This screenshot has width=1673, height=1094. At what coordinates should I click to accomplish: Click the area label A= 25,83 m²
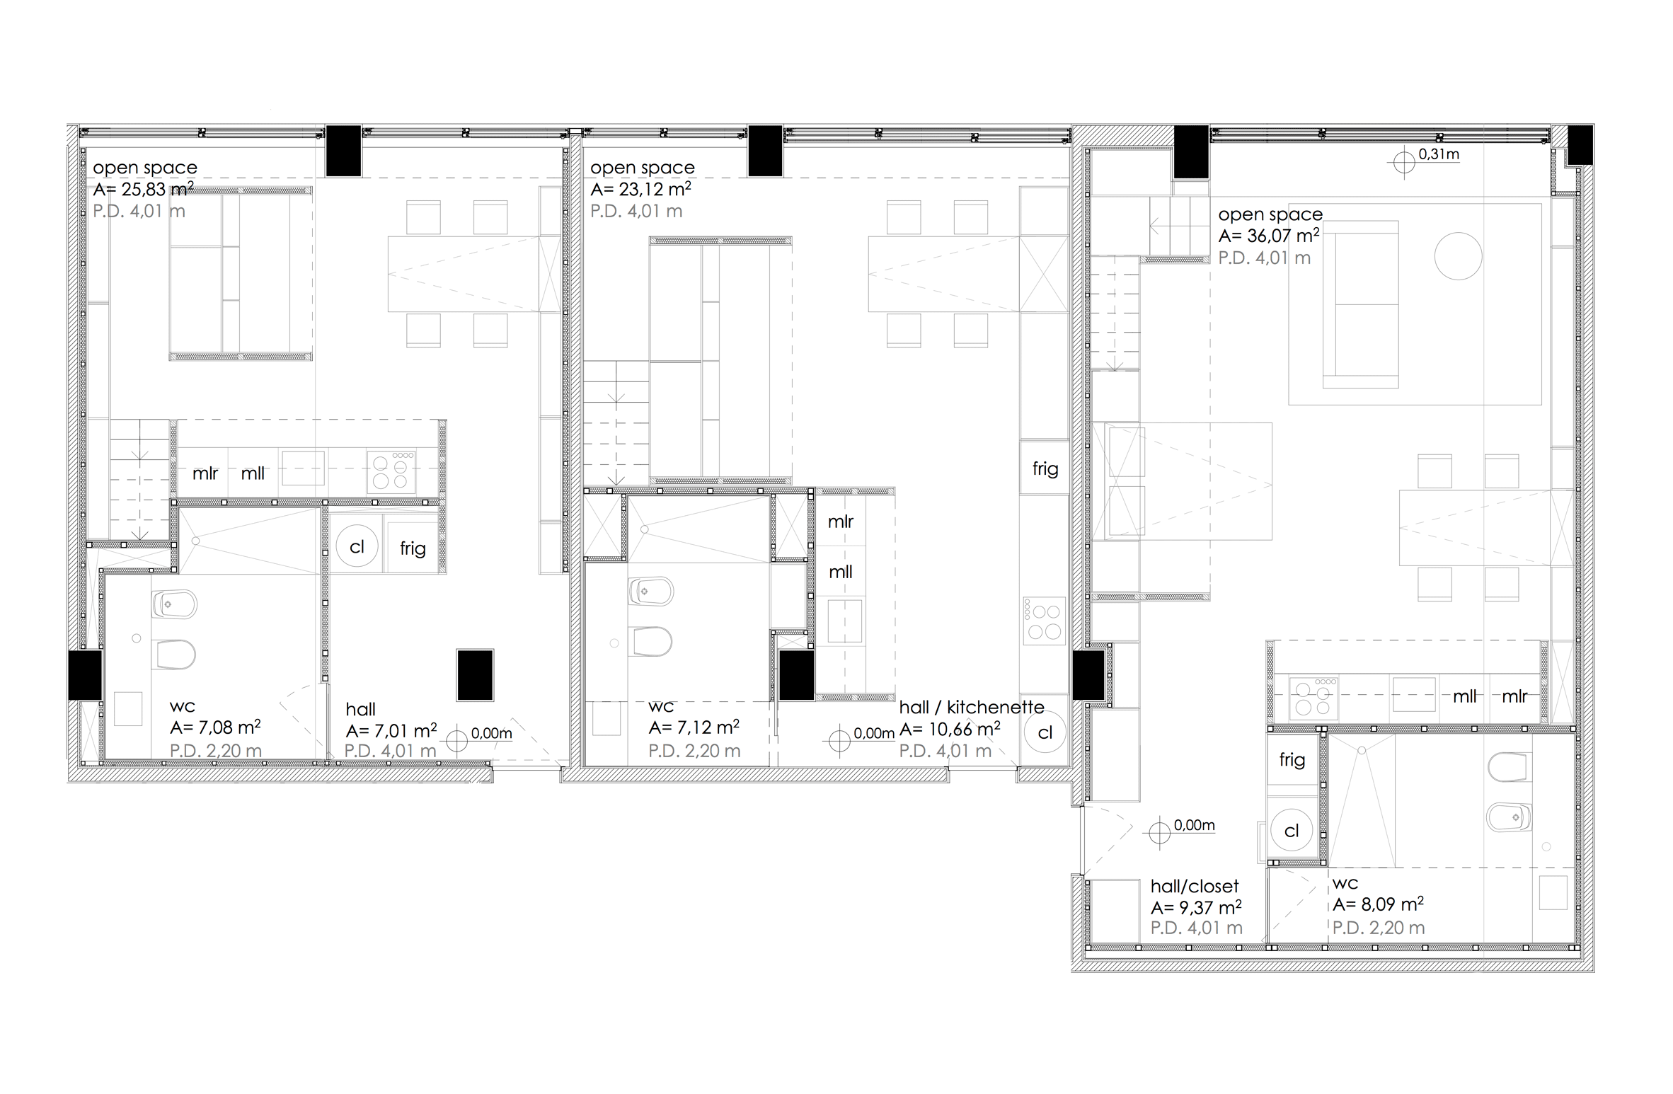144,189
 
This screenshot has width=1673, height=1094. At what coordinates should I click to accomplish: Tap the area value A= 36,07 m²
1269,236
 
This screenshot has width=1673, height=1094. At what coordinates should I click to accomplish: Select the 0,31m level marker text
1439,154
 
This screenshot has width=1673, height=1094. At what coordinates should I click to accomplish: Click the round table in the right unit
1458,256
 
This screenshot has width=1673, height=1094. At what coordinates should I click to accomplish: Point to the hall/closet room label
1195,886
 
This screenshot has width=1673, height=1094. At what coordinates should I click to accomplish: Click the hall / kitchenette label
972,707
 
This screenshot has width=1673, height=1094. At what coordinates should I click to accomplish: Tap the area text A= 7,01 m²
391,730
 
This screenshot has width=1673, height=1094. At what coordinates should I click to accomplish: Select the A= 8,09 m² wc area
1379,904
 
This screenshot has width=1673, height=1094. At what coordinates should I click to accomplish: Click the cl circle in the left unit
357,547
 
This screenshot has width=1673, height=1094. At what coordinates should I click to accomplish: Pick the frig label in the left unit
413,548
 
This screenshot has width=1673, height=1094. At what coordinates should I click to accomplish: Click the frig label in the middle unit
1045,468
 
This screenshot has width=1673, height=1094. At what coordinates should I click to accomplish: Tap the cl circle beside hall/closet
1292,831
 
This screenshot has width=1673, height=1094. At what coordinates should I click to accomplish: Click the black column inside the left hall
475,675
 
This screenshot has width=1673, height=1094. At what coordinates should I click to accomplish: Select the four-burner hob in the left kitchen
391,471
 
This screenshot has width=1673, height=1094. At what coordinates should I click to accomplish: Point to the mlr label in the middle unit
841,522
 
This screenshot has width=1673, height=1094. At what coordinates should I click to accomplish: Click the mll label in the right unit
1465,696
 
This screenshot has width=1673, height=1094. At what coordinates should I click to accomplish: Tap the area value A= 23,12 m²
641,189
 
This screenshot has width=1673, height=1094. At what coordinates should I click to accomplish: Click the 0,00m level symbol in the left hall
457,741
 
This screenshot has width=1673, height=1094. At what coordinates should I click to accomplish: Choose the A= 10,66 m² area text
950,729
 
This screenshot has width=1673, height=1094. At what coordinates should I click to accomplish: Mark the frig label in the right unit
1292,760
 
